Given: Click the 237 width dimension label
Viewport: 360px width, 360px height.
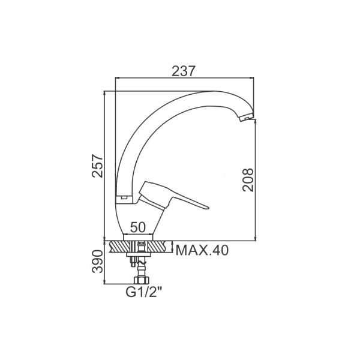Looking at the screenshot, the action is point(184,71).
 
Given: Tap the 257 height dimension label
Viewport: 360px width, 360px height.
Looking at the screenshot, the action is point(97,166).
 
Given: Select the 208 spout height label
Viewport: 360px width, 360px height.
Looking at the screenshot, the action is point(248,180).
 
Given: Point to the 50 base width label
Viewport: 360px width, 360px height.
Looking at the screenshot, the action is point(138,227).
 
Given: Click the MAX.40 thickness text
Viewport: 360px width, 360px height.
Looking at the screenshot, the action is point(202,250).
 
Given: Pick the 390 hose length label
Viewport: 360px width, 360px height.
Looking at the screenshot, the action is point(97,262).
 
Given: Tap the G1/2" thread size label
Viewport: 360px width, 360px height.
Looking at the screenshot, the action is point(144,292).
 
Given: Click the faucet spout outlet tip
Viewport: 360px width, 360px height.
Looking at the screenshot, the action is point(246,118).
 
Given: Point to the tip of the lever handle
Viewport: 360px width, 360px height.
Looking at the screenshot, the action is point(208,208).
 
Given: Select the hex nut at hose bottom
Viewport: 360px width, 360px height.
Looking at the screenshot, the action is point(142,280).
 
